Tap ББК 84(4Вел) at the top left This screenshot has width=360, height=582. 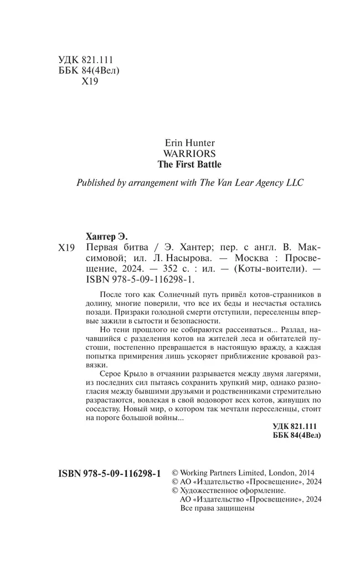tap(89, 71)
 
